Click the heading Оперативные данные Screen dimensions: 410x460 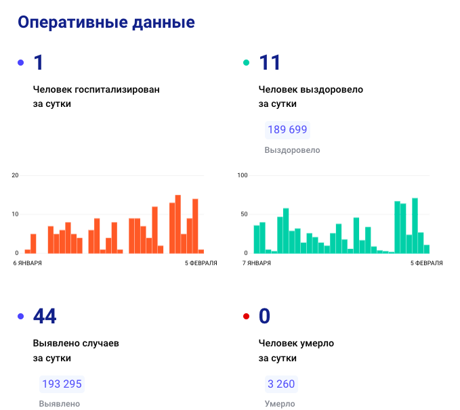106,22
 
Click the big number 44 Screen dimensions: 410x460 45,316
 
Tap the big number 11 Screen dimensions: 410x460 270,63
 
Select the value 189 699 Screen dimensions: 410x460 287,130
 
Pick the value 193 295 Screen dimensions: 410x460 62,384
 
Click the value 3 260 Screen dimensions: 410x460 281,384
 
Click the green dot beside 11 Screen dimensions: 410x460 246,63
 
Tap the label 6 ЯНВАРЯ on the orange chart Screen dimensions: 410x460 27,263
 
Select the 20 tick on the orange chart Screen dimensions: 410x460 15,175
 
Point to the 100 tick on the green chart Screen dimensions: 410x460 243,175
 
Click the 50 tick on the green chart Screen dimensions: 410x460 244,214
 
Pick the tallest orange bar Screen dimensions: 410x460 178,224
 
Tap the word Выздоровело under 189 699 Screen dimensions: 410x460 292,150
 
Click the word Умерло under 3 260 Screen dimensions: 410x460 279,404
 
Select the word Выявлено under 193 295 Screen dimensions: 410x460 60,404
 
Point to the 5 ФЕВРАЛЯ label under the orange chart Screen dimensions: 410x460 201,263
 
